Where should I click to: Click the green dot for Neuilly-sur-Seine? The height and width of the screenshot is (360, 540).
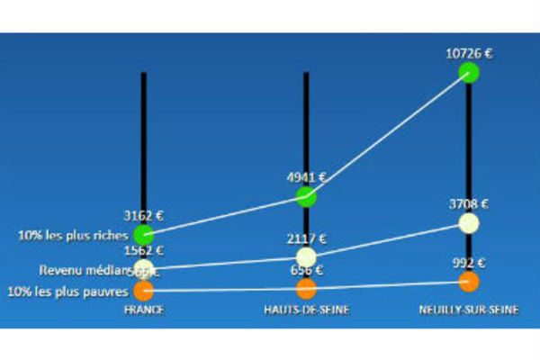[x=468, y=71]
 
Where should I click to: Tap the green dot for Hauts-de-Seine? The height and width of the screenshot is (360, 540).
[x=306, y=195]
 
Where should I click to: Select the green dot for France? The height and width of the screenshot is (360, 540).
[x=143, y=236]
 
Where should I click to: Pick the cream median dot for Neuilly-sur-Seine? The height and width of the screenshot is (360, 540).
[x=468, y=222]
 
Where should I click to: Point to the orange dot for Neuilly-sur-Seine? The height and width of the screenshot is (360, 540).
[x=468, y=282]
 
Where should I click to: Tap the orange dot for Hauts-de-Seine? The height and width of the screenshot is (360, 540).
[x=306, y=288]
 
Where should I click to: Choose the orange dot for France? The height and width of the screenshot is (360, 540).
[x=143, y=290]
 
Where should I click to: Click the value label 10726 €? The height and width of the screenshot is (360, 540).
[x=468, y=53]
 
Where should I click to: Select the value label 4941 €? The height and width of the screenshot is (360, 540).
[x=306, y=178]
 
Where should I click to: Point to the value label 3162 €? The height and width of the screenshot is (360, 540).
[x=143, y=216]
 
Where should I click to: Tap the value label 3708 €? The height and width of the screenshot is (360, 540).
[x=468, y=204]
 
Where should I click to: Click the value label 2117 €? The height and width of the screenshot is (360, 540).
[x=306, y=239]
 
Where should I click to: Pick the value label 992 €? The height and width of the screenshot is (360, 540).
[x=468, y=264]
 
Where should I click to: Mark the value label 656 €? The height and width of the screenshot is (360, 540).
[x=306, y=270]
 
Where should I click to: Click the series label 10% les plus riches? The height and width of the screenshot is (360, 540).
[x=71, y=236]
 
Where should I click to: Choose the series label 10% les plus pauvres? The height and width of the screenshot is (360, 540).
[x=67, y=291]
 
